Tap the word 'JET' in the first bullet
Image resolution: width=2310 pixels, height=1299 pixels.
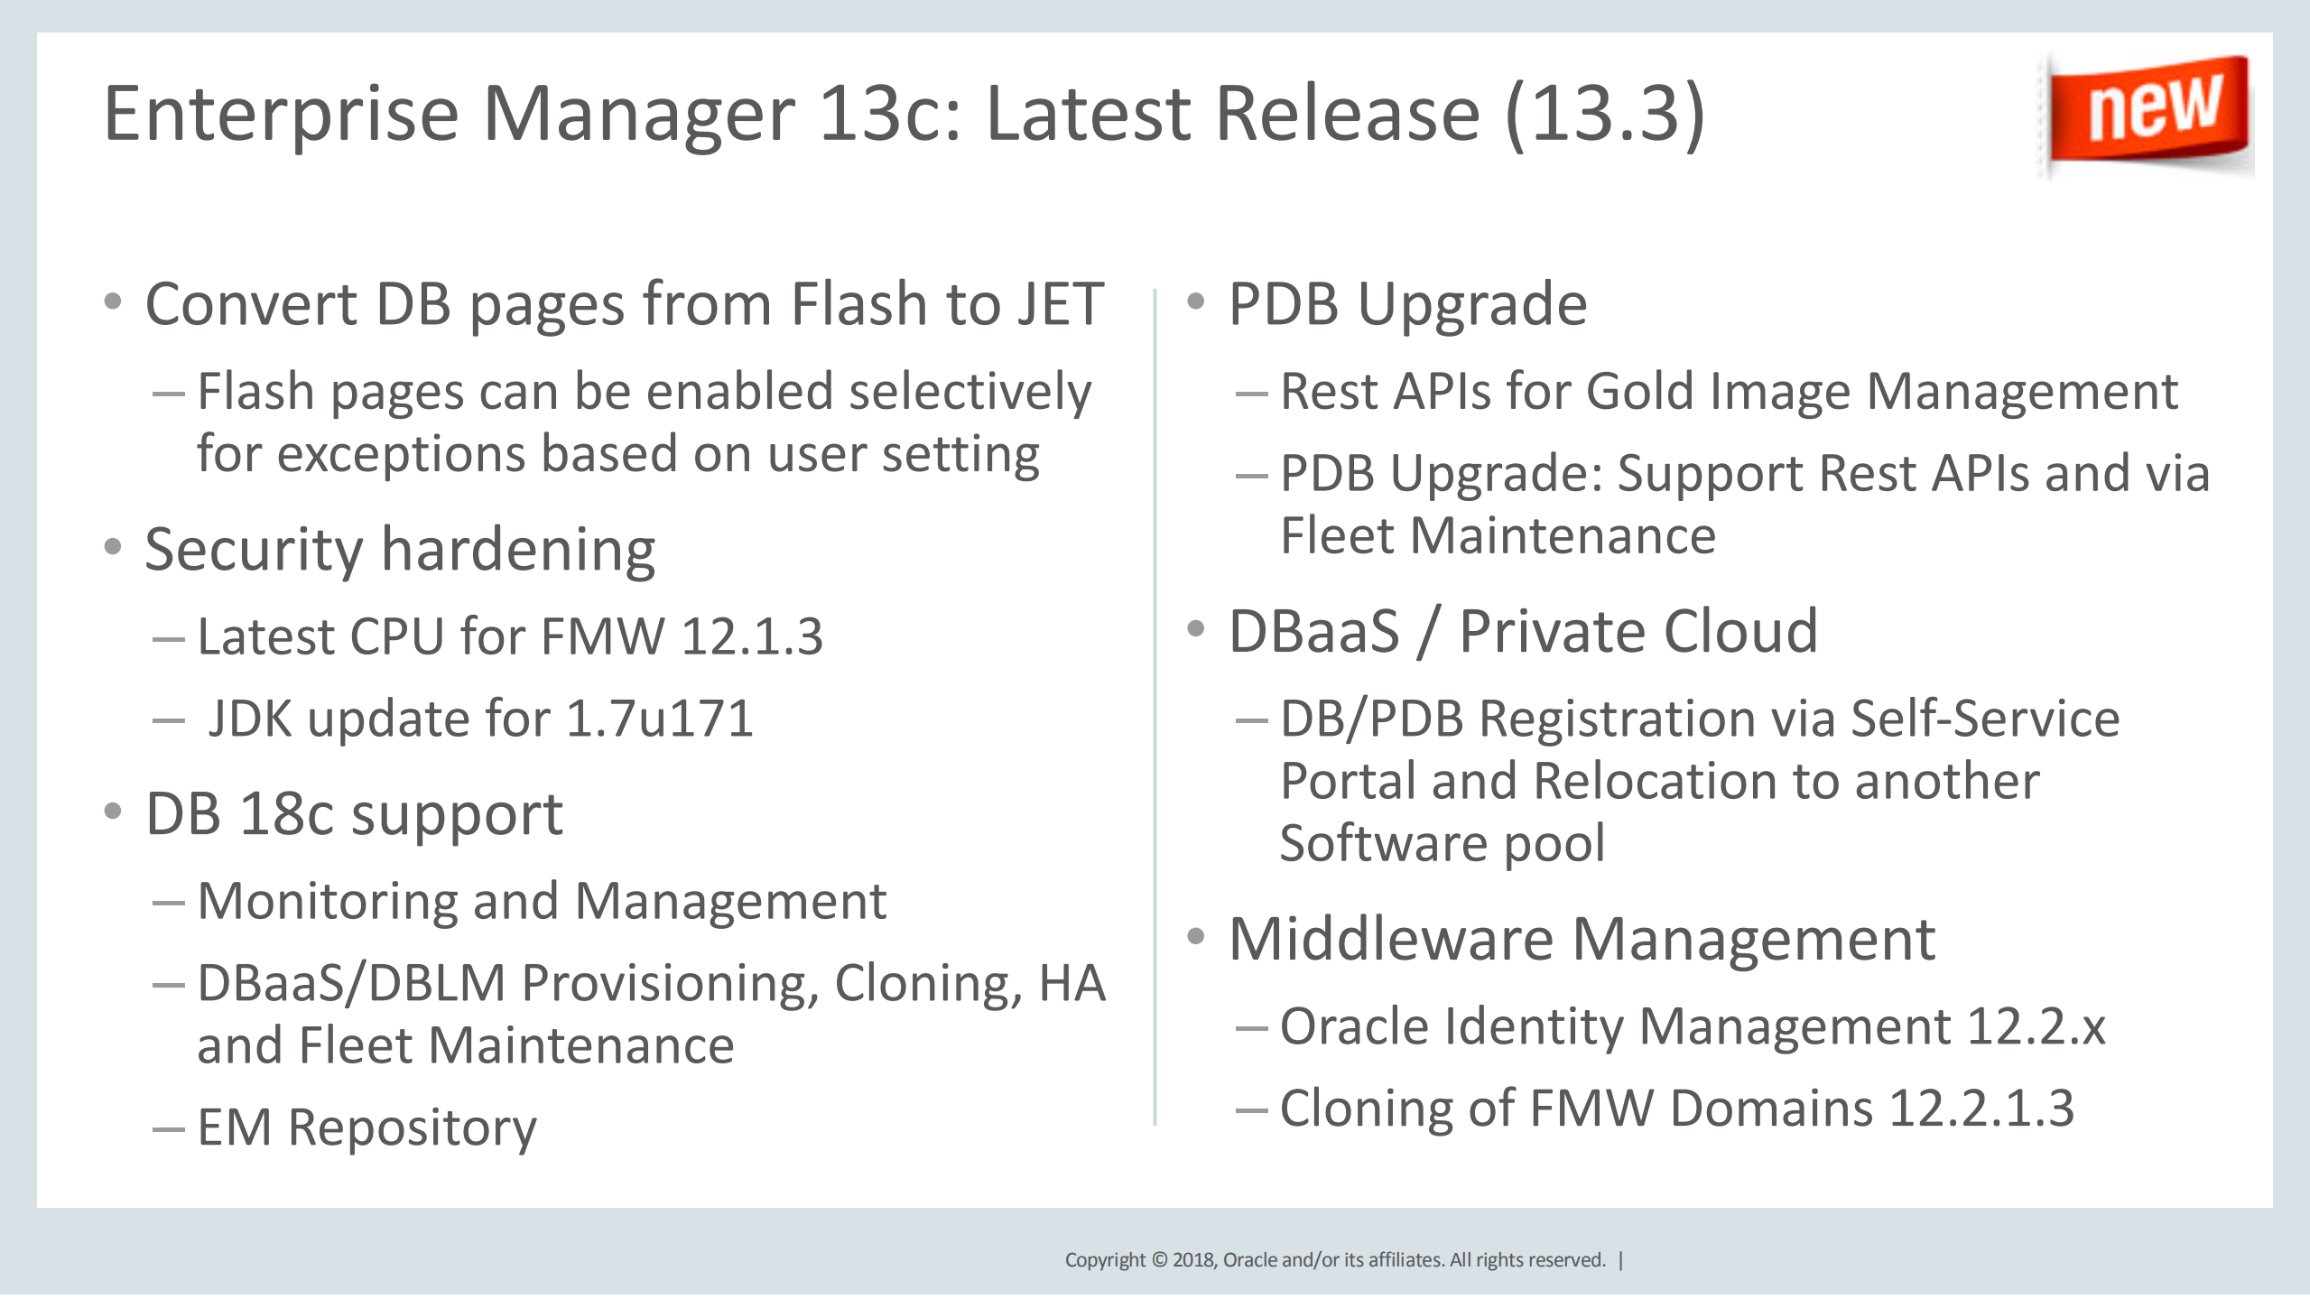point(1060,304)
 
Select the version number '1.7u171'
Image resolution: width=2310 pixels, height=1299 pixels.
point(659,719)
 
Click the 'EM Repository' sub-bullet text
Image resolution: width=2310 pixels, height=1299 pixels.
point(366,1127)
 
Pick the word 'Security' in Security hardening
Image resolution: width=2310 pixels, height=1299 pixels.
point(252,550)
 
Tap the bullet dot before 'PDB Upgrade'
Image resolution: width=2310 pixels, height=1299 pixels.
point(1195,302)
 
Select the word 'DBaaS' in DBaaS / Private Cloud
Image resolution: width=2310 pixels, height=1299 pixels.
point(1313,631)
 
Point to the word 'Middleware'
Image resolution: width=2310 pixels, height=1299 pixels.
point(1391,940)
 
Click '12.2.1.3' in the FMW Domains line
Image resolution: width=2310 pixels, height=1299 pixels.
point(1981,1109)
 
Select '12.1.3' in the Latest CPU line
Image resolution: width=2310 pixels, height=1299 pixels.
point(751,637)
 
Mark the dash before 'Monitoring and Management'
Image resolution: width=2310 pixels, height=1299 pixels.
point(169,902)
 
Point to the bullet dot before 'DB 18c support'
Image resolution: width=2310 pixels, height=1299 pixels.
point(113,812)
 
